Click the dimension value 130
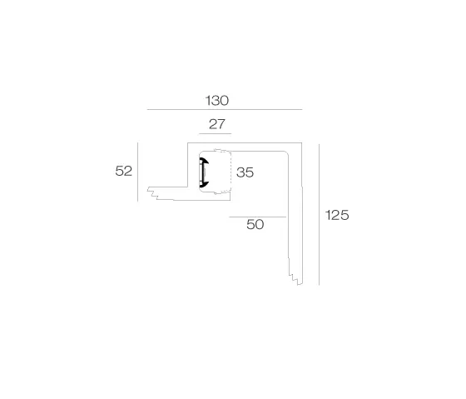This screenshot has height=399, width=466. (217, 101)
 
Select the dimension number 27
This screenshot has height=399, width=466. (217, 124)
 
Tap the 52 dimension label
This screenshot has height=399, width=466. (124, 171)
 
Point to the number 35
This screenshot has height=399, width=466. (245, 172)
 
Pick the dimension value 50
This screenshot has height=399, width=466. (255, 224)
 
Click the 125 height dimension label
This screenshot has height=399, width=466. (337, 215)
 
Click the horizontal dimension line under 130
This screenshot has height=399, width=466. (225, 109)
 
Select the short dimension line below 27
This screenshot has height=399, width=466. (216, 133)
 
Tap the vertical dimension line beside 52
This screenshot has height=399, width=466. (137, 172)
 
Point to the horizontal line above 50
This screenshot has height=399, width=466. (257, 217)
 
